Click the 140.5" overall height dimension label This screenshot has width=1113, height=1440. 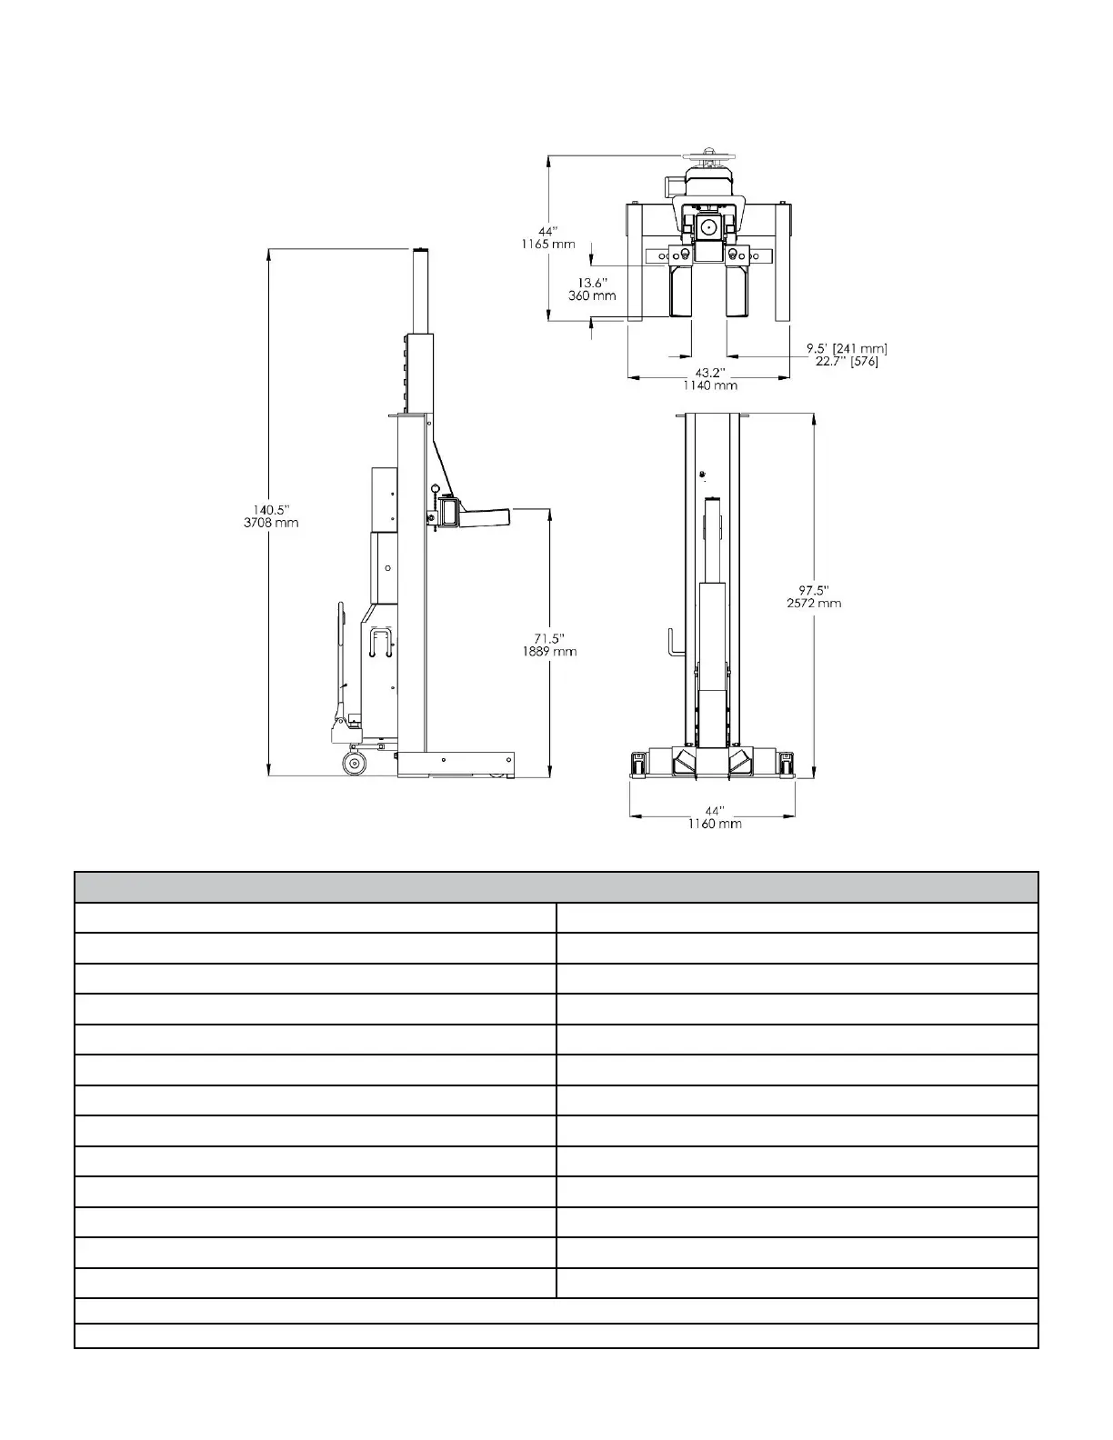pyautogui.click(x=271, y=510)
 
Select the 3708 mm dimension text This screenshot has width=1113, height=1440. pyautogui.click(x=271, y=522)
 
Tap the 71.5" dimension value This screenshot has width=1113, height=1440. pyautogui.click(x=549, y=638)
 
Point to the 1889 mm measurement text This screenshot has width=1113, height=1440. pyautogui.click(x=549, y=651)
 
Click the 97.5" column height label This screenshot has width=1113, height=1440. pyautogui.click(x=814, y=590)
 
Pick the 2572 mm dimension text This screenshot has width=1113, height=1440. pyautogui.click(x=814, y=603)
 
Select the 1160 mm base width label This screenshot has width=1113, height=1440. pyautogui.click(x=715, y=823)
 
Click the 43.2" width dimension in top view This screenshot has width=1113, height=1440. pyautogui.click(x=710, y=373)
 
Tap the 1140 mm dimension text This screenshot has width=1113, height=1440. pyautogui.click(x=710, y=385)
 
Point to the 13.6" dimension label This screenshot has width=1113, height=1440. pyautogui.click(x=592, y=283)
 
